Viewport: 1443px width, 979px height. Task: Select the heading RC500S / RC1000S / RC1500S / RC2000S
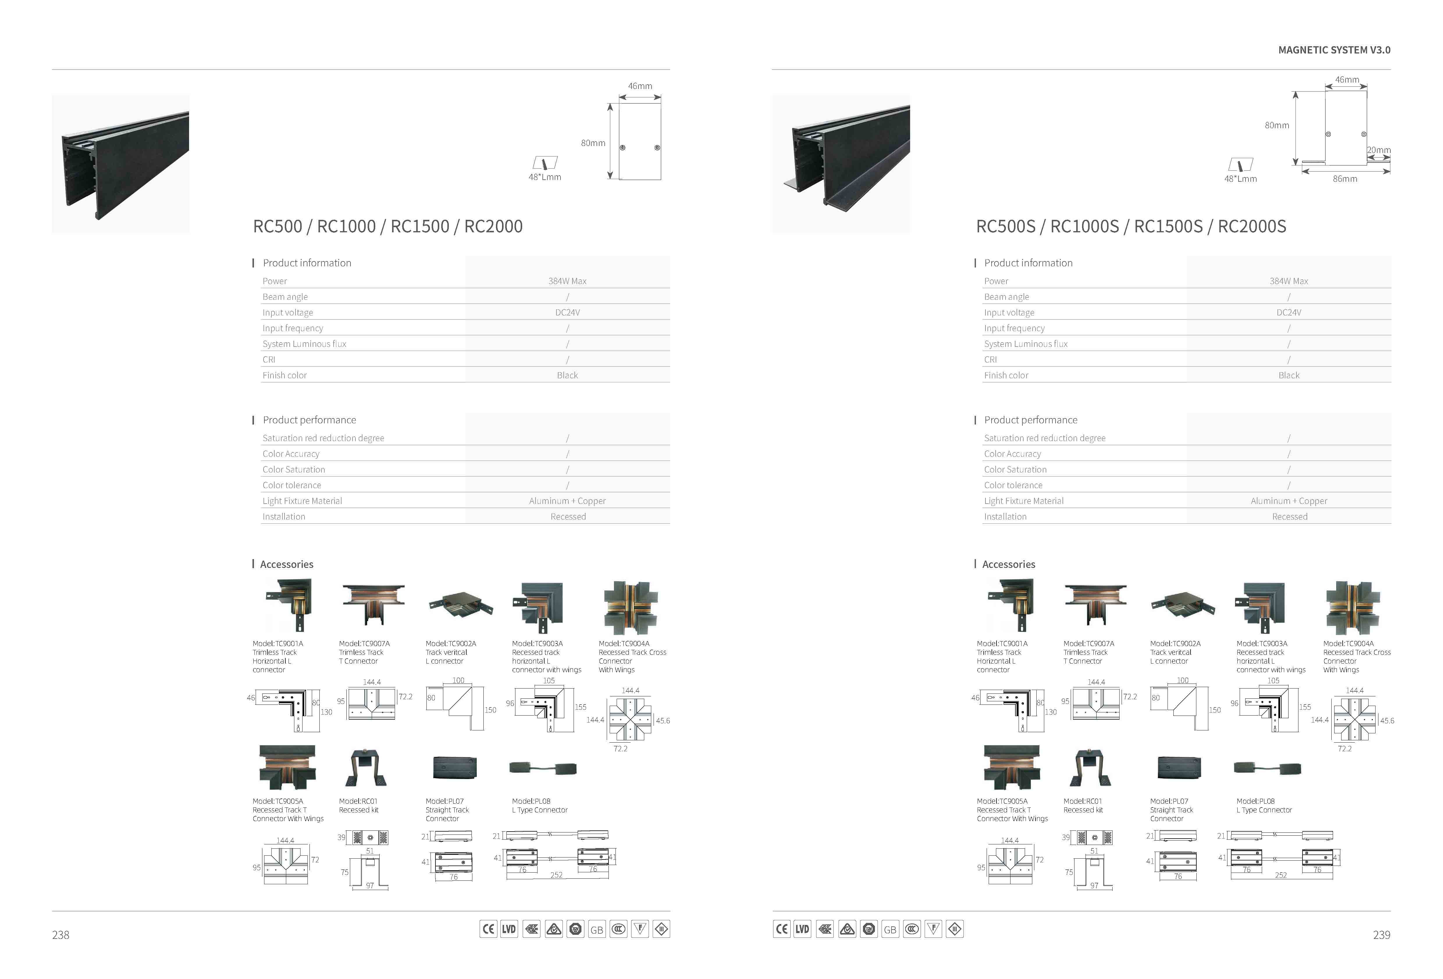pos(1131,227)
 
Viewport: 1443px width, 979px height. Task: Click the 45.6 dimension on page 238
pos(663,721)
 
